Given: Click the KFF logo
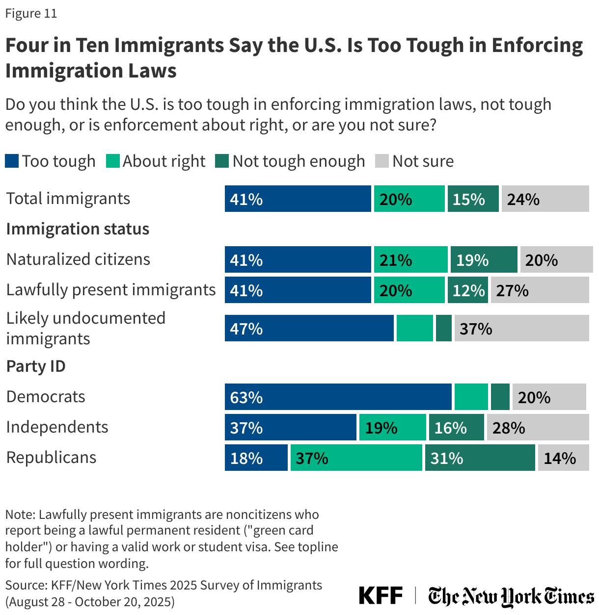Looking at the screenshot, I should [x=381, y=595].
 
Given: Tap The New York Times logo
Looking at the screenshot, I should [x=511, y=596].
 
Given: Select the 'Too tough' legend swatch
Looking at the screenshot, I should [x=12, y=161].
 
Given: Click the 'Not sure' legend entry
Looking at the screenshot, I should [x=414, y=161].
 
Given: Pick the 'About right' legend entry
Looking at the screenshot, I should [x=156, y=161].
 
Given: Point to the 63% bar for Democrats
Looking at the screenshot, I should [x=338, y=397].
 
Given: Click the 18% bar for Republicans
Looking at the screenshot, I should [x=256, y=458].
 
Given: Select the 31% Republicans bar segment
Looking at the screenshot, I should [x=480, y=458].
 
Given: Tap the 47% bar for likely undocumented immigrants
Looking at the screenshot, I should [x=309, y=328].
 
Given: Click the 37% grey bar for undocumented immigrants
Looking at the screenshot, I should [x=521, y=328].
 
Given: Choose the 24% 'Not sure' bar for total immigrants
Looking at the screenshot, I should [x=545, y=199].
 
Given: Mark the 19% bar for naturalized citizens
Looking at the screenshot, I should [x=484, y=259].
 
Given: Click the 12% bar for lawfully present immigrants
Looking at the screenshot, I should [x=467, y=290].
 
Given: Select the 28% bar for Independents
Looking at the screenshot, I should [x=538, y=427].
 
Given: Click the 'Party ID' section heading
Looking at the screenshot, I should [x=36, y=366].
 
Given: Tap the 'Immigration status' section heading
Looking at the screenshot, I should [x=78, y=229].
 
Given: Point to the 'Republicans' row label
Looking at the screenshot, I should [x=51, y=458].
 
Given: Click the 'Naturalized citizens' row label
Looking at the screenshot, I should [x=78, y=259].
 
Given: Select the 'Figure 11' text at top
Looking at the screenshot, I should [x=31, y=13].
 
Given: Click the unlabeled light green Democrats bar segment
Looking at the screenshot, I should [x=471, y=397].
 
